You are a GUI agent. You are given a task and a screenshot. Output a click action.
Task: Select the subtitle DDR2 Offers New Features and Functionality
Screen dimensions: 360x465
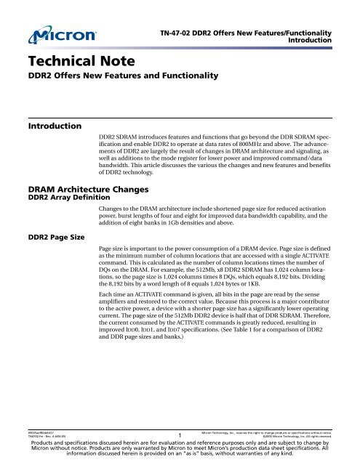[x=108, y=76]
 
